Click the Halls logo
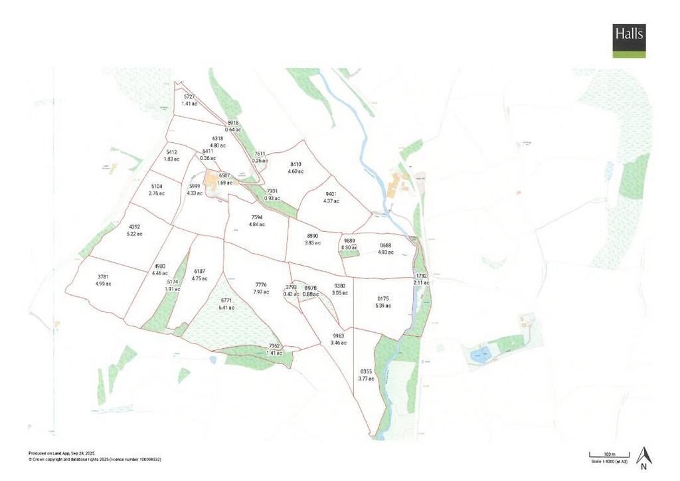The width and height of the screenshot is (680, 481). [x=629, y=41]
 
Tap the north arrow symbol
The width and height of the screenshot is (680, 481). [x=643, y=456]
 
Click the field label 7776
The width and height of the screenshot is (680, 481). [x=261, y=285]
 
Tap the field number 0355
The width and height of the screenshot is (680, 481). [x=366, y=371]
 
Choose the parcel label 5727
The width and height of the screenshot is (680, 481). [x=189, y=97]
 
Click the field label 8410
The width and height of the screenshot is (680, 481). [x=296, y=164]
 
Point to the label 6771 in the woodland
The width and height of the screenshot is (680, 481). [x=226, y=301]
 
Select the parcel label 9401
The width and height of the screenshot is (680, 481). [x=331, y=194]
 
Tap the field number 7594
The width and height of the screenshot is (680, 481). [x=257, y=217]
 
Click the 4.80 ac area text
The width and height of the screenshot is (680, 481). [x=218, y=145]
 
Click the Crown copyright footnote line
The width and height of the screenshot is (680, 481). [x=95, y=459]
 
